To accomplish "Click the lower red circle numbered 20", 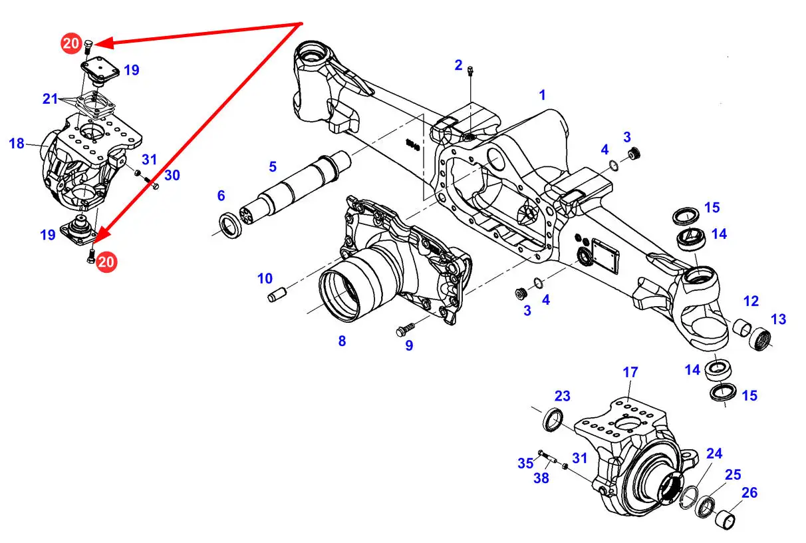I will click(106, 262).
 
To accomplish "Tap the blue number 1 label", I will click(542, 95).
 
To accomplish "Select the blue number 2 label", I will click(458, 65).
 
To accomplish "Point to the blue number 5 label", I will click(273, 166).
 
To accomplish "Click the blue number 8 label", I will click(342, 341).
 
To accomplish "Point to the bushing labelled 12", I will click(741, 328).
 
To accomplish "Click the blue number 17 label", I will click(630, 373).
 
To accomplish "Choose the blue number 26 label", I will click(749, 493).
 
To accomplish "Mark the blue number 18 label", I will click(17, 143).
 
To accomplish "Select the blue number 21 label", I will click(51, 99).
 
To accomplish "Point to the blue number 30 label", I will click(172, 175).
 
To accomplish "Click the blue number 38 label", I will click(541, 478).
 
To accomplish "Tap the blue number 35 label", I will click(525, 463).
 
